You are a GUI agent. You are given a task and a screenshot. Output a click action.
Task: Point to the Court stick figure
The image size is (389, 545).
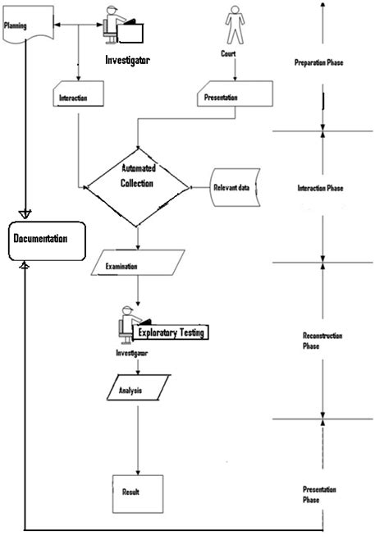(236, 27)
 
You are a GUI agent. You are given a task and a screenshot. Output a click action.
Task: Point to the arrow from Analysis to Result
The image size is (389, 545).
(137, 439)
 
